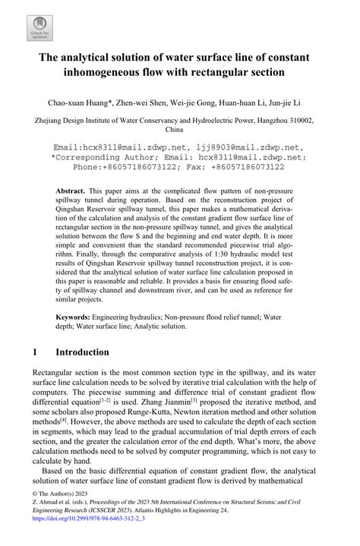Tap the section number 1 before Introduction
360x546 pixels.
point(36,352)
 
